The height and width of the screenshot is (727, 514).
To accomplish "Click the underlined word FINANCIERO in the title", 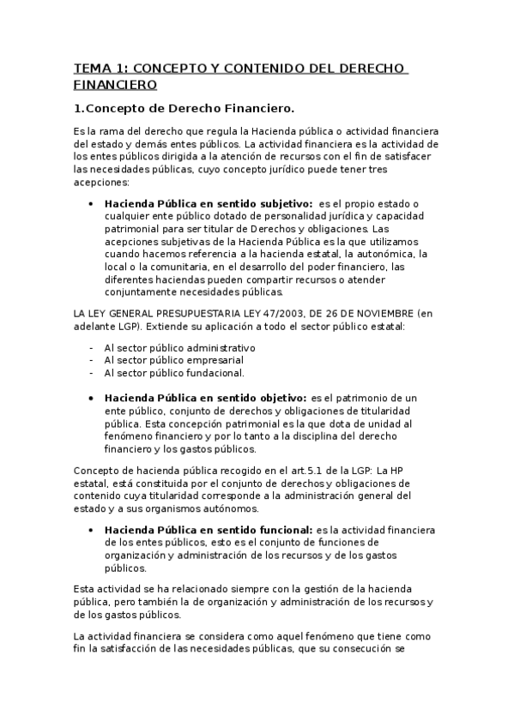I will [115, 85].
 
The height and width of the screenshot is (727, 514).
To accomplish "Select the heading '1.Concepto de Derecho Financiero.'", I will [184, 108].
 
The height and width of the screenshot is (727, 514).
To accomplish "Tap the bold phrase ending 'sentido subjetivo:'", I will [208, 204].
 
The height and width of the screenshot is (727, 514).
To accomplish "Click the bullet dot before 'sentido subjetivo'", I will [91, 204].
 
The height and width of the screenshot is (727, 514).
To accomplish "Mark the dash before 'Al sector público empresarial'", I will [92, 361].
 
